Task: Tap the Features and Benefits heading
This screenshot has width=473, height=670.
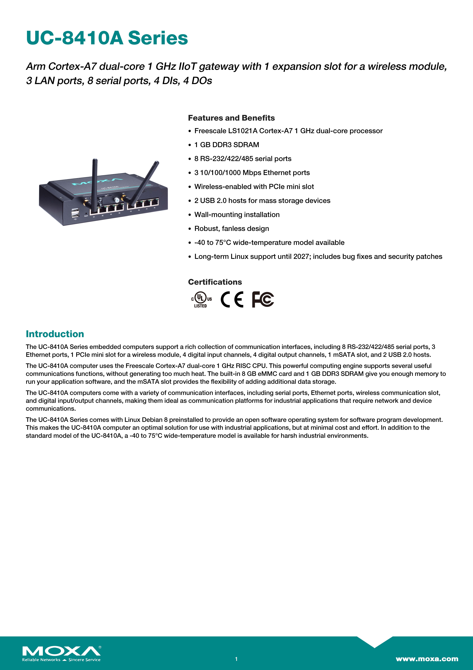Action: (x=231, y=118)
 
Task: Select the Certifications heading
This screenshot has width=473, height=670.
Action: (x=215, y=282)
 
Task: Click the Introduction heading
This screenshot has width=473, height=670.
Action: (x=55, y=334)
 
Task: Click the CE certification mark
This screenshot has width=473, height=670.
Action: (x=232, y=299)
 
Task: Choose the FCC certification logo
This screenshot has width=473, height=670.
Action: (x=263, y=299)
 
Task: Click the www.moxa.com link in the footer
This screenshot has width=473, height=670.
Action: (x=427, y=659)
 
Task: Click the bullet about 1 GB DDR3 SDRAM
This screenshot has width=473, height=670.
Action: (x=226, y=145)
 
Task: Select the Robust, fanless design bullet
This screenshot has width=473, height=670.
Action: (x=231, y=228)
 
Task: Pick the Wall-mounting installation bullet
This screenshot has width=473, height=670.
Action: (x=237, y=215)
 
